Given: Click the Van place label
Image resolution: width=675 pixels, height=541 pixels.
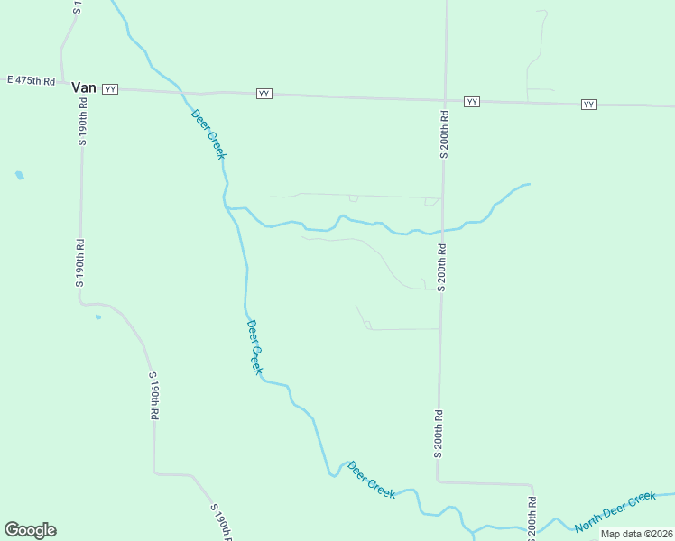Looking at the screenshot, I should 84,87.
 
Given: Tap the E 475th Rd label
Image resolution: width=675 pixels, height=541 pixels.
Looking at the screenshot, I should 31,81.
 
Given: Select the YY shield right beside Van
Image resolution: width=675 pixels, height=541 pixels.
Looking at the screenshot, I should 110,88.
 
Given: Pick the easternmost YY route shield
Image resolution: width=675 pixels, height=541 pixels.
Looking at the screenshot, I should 589,105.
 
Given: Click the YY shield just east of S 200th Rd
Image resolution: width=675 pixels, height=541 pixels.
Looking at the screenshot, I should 472,102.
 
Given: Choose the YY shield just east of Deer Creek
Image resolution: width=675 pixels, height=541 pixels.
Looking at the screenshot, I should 264,94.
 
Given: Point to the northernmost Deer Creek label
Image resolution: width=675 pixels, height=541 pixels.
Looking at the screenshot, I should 208,133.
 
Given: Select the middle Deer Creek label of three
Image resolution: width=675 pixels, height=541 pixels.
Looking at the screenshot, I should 255,347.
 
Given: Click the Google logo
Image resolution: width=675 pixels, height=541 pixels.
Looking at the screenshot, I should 30,530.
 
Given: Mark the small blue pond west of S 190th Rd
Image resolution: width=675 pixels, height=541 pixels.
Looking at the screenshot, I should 20,175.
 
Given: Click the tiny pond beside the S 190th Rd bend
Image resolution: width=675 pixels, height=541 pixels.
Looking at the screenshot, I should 98,316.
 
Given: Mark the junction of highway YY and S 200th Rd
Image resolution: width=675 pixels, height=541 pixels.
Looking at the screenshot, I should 445,99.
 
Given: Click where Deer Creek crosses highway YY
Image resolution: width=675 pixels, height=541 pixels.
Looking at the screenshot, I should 183,92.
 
